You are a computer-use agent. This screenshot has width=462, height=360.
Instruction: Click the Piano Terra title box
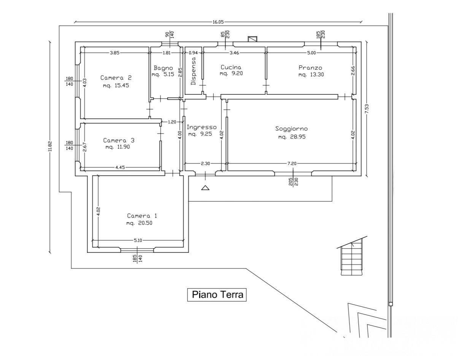pyautogui.click(x=217, y=295)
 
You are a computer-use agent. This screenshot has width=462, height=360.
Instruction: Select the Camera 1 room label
pyautogui.click(x=142, y=216)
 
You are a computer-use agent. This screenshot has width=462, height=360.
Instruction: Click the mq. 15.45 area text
pyautogui.click(x=116, y=86)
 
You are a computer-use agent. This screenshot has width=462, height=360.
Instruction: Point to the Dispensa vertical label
pyautogui.click(x=194, y=71)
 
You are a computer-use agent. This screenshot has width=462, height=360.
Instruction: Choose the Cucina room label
pyautogui.click(x=231, y=67)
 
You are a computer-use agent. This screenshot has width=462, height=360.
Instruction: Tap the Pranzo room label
pyautogui.click(x=310, y=68)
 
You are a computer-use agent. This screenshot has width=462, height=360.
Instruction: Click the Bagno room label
pyautogui.click(x=163, y=68)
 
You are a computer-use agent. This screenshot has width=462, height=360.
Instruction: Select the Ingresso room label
pyautogui.click(x=202, y=127)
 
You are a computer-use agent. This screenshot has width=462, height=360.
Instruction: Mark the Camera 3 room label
pyautogui.click(x=119, y=140)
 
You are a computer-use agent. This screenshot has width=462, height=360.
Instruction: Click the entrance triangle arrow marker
pyautogui.click(x=205, y=187)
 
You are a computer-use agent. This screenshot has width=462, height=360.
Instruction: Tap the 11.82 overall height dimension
pyautogui.click(x=49, y=147)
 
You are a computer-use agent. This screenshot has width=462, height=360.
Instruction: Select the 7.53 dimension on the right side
pyautogui.click(x=367, y=109)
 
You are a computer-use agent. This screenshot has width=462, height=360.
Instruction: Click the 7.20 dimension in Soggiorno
pyautogui.click(x=292, y=163)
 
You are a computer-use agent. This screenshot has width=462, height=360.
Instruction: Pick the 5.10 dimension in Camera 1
pyautogui.click(x=138, y=240)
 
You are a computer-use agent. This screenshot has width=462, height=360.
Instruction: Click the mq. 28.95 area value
pyautogui.click(x=292, y=137)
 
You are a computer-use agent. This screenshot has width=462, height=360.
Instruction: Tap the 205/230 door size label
pyautogui.click(x=293, y=182)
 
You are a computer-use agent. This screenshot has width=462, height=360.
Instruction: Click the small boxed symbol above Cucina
pyautogui.click(x=252, y=39)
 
